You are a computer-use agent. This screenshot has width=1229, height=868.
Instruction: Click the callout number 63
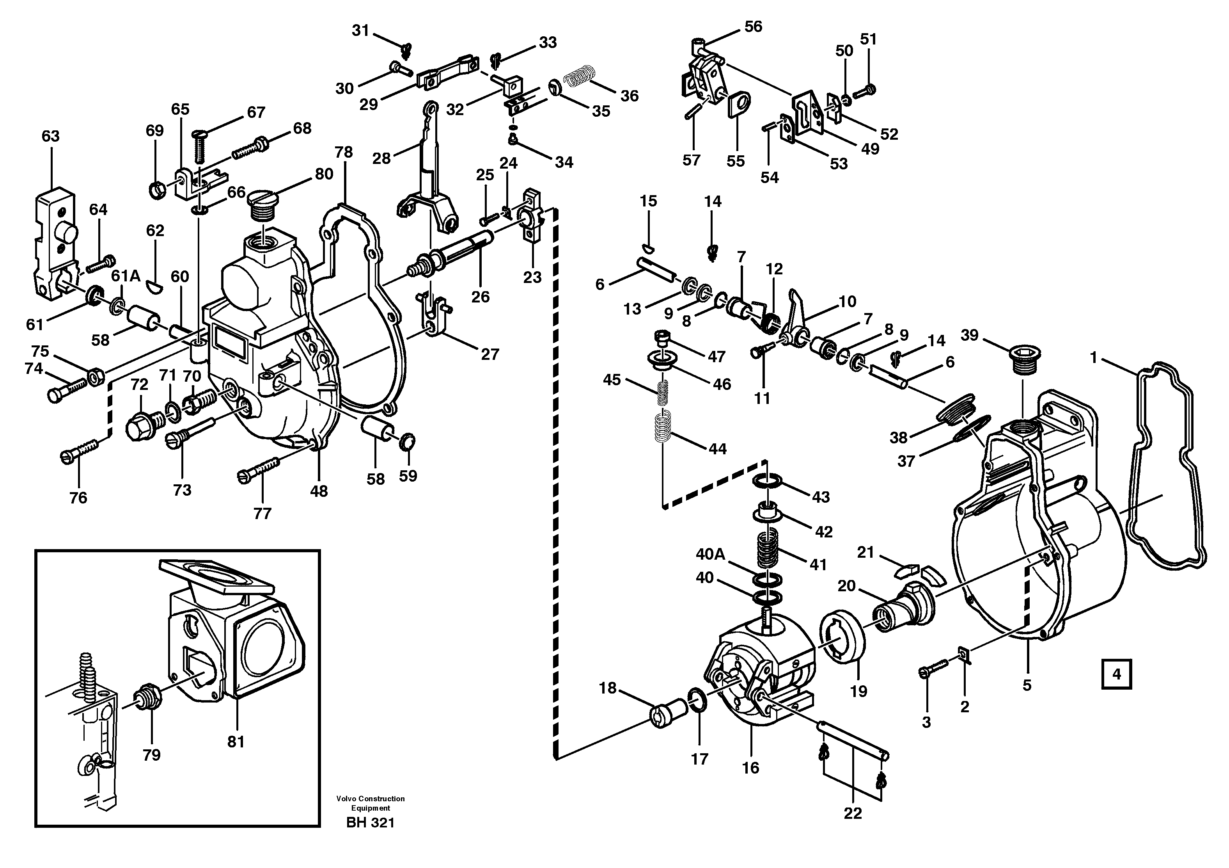tap(50, 136)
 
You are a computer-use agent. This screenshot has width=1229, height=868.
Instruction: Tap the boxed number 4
tap(1116, 674)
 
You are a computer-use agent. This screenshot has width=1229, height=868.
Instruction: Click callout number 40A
tap(710, 554)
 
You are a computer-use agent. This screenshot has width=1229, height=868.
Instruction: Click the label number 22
tap(853, 813)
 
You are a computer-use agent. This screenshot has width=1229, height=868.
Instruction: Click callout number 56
tap(753, 27)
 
